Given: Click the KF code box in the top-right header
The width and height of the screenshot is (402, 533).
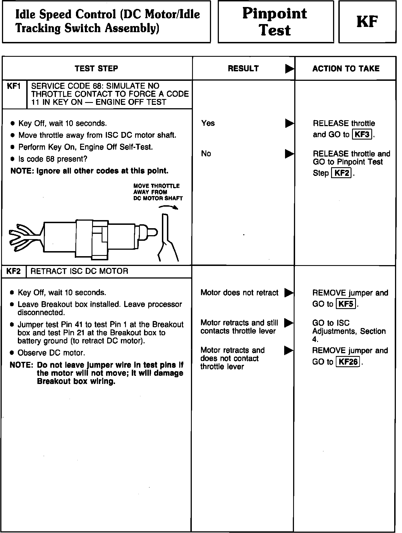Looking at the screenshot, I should pos(367,22).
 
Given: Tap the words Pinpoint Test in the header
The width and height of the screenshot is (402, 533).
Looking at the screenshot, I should pos(275,22).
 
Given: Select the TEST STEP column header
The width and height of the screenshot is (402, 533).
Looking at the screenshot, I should pos(96,69).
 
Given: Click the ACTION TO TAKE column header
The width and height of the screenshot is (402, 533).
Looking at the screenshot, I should pos(346,69).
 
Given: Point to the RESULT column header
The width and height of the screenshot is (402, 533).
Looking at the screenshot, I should pos(243,69).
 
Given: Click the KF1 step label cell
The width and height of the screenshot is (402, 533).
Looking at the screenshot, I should pos(14,86).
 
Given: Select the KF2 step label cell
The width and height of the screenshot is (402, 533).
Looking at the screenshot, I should pos(14,271).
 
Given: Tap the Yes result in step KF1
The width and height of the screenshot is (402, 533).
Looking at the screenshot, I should pos(208,123).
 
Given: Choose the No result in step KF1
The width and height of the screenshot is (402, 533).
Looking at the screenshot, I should pos(206,154).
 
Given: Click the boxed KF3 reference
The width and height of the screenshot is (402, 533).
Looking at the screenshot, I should pos(362,135).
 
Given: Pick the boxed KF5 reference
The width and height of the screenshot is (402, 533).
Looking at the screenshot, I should pos(346,304).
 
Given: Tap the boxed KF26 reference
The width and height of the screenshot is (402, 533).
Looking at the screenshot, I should pos(348,362).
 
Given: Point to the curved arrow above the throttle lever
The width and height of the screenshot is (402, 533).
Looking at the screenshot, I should pos(168,207).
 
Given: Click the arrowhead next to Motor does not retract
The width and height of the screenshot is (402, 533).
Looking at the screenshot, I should pos(289,293).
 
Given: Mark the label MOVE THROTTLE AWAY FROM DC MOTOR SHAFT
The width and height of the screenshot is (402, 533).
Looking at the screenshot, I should pos(158,192).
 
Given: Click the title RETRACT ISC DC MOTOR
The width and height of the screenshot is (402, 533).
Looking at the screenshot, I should pos(79,271).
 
